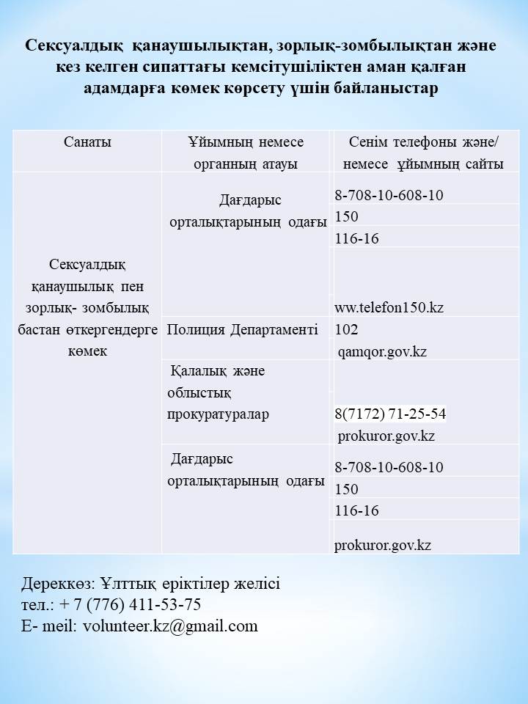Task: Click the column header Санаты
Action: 87,142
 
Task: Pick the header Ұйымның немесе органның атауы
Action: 246,153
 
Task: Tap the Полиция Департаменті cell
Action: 242,329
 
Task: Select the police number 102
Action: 346,329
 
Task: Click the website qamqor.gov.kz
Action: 382,351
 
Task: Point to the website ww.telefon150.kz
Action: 389,307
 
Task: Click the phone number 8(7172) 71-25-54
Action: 390,414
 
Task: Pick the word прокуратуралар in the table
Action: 218,414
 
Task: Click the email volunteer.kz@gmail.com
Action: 170,626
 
